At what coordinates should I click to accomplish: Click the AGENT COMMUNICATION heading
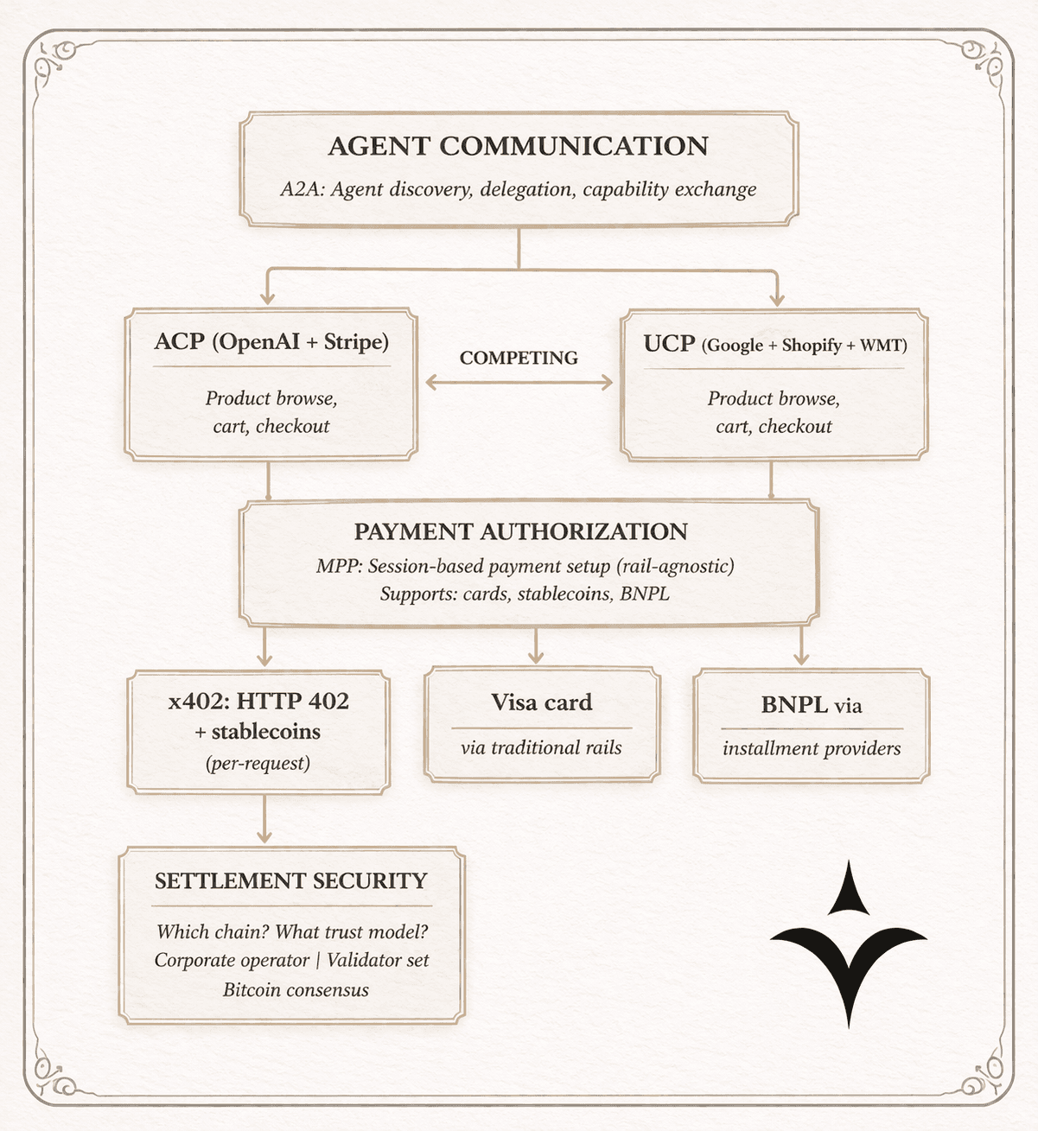pyautogui.click(x=518, y=146)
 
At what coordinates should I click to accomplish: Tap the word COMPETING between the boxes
pyautogui.click(x=519, y=358)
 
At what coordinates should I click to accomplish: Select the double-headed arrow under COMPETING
pyautogui.click(x=519, y=382)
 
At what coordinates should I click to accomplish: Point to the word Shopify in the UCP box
pyautogui.click(x=812, y=346)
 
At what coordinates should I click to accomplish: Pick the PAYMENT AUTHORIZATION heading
pyautogui.click(x=520, y=531)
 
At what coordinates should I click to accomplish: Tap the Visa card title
pyautogui.click(x=542, y=702)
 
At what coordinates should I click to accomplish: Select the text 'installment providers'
pyautogui.click(x=812, y=748)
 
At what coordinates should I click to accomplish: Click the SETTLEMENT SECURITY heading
pyautogui.click(x=291, y=881)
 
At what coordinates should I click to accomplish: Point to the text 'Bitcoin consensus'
pyautogui.click(x=296, y=990)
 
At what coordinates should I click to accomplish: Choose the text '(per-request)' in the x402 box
pyautogui.click(x=258, y=763)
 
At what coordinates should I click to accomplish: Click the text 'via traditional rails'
pyautogui.click(x=541, y=748)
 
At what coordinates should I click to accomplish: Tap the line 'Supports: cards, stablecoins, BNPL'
pyautogui.click(x=525, y=594)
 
